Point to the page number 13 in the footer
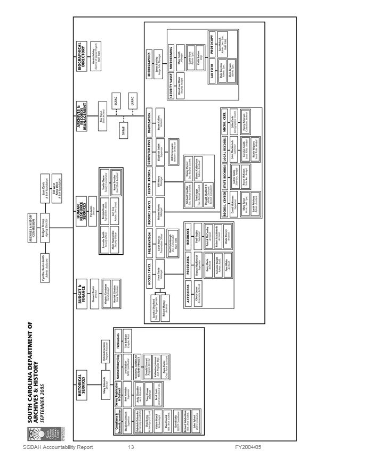[131, 448]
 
